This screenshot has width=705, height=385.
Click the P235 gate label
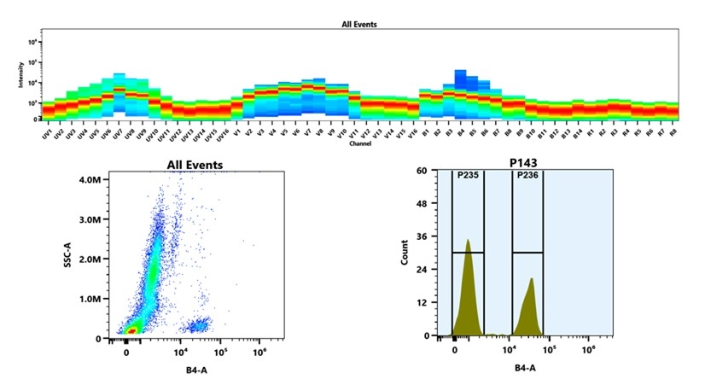point(469,176)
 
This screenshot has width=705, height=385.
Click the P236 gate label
point(527,176)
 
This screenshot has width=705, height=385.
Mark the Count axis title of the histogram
point(405,254)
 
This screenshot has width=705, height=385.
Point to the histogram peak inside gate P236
point(531,278)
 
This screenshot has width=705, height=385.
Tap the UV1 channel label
point(47,133)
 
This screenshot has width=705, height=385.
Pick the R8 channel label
point(673,133)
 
